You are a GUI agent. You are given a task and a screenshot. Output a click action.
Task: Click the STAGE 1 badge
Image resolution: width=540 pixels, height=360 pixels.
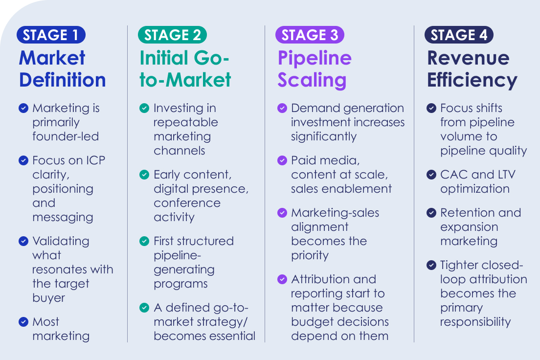click(51, 35)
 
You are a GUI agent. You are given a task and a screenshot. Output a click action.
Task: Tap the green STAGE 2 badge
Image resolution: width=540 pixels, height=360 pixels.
click(172, 35)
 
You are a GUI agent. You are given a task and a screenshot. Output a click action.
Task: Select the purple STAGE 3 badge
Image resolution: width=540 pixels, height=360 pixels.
click(310, 35)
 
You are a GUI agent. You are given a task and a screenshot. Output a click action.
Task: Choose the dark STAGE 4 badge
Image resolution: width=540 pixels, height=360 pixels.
click(459, 35)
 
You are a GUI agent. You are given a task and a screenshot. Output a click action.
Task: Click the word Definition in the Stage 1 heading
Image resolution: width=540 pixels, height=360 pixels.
click(62, 80)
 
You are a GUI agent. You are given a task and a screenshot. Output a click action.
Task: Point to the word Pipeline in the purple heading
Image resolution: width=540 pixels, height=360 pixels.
click(315, 58)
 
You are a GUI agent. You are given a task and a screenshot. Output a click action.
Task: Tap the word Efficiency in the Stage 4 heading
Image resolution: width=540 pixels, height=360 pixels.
click(472, 80)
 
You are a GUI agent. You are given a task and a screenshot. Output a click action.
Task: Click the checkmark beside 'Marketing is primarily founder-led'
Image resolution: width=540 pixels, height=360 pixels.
click(23, 108)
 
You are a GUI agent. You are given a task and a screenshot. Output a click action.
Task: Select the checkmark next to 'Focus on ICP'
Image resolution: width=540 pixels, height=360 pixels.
click(23, 160)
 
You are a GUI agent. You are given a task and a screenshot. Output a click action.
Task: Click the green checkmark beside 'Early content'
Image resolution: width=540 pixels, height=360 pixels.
click(144, 175)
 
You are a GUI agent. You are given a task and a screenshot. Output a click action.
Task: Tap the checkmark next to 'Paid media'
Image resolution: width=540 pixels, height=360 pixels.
click(282, 160)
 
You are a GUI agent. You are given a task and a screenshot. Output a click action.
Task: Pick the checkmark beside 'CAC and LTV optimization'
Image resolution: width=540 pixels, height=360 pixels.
click(431, 175)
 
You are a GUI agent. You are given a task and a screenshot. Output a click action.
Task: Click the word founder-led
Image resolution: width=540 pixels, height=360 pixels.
click(66, 136)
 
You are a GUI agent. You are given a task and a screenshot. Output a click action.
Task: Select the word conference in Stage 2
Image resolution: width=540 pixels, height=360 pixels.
click(187, 203)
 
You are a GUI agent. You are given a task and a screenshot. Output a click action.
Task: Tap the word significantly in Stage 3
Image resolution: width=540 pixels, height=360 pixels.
click(324, 137)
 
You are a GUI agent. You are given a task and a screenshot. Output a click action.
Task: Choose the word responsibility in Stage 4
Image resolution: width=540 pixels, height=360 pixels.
click(475, 322)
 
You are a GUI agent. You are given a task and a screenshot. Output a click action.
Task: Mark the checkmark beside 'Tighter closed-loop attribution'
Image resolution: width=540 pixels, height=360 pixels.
click(431, 265)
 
